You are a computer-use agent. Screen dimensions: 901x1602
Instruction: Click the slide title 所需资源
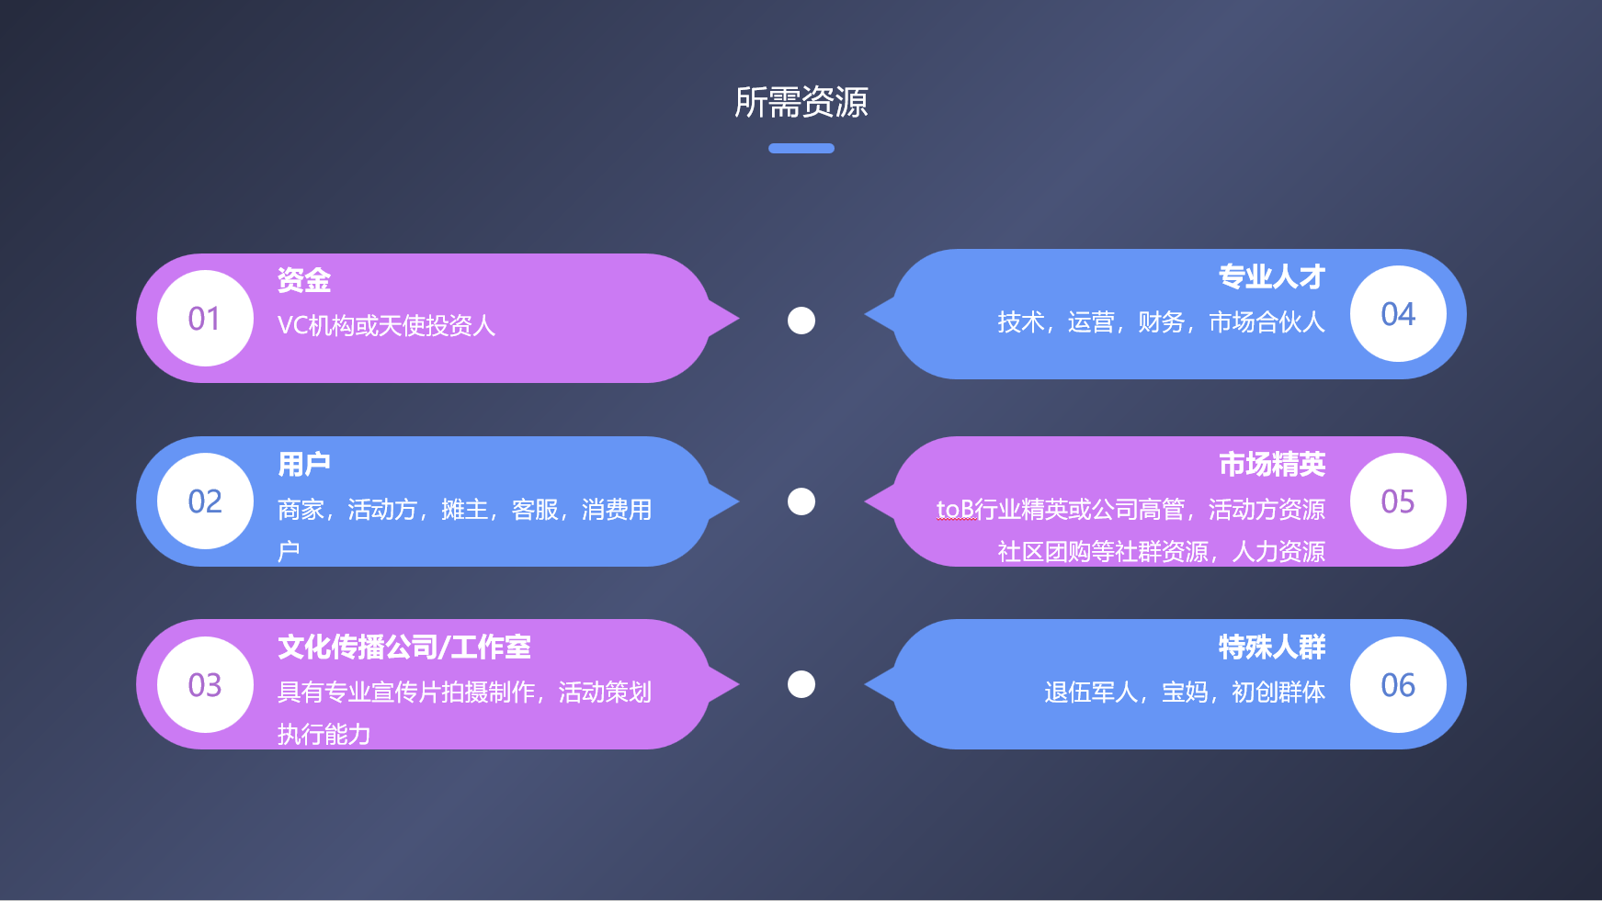pos(801,102)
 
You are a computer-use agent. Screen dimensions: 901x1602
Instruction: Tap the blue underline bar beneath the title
pos(801,148)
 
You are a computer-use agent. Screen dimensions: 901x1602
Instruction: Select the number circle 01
pos(205,319)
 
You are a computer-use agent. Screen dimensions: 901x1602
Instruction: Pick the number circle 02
pos(205,501)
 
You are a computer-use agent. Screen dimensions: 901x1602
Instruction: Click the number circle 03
pos(205,685)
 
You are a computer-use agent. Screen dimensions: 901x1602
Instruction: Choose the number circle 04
pos(1397,314)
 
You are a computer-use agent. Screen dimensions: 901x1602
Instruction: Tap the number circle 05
pos(1397,501)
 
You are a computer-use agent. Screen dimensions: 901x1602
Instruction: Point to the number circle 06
pos(1397,685)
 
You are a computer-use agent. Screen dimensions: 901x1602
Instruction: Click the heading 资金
pos(304,280)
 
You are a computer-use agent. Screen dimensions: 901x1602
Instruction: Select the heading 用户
pos(304,464)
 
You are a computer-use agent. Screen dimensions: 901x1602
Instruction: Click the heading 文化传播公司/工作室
pos(404,648)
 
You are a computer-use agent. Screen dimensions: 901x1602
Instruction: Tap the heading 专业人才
pos(1271,276)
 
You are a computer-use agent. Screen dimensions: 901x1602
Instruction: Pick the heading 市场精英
pos(1271,464)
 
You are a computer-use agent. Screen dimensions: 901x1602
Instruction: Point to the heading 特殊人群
pos(1271,648)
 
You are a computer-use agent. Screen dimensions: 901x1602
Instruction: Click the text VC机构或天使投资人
pos(386,325)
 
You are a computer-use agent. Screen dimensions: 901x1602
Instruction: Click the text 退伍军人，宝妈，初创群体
pos(1184,692)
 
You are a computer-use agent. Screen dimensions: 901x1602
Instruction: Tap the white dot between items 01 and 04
pos(801,321)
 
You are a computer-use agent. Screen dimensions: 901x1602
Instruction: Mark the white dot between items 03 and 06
pos(801,684)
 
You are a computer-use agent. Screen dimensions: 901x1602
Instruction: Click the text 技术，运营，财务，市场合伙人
pos(1161,321)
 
